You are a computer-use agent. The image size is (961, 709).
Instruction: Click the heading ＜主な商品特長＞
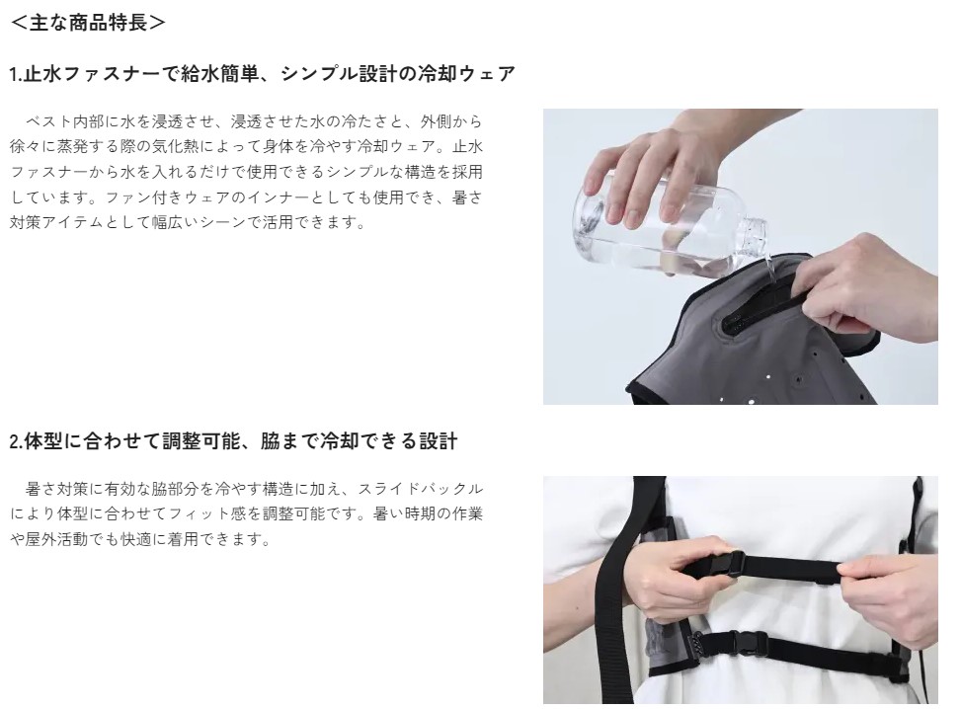tap(88, 23)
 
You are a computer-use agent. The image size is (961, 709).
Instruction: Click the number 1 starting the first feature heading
tap(14, 74)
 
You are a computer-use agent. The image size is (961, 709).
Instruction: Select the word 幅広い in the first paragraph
tap(174, 222)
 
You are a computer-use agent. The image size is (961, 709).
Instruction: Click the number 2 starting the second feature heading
tap(15, 441)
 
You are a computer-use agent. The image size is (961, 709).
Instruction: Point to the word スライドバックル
tap(420, 489)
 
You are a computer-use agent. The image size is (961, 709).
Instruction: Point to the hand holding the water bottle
tap(650, 172)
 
